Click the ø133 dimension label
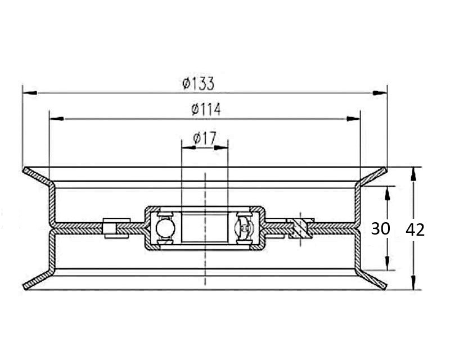[x=199, y=84]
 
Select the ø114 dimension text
[x=206, y=109]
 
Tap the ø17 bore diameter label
[x=205, y=138]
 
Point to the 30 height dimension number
[x=381, y=229]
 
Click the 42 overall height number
[x=415, y=230]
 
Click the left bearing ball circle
[x=165, y=228]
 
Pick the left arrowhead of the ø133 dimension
[x=30, y=93]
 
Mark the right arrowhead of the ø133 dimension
[x=380, y=93]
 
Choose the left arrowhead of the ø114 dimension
[x=57, y=118]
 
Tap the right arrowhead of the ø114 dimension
[x=353, y=118]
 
